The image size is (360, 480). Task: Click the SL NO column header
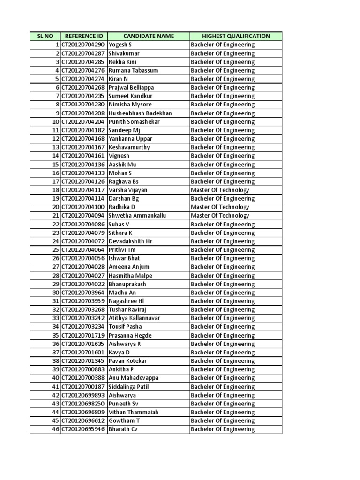pos(45,36)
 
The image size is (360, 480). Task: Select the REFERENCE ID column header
pos(83,36)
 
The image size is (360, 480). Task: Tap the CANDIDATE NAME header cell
pos(148,36)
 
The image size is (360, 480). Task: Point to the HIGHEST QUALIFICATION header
pos(236,36)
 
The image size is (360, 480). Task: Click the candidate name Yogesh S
pos(120,45)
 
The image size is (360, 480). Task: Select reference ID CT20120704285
pos(83,62)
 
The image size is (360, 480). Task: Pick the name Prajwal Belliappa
pos(131,88)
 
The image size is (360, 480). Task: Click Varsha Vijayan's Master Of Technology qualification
pos(220,190)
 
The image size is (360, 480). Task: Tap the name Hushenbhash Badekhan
pos(140,113)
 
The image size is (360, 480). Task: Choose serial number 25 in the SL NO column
pos(55,250)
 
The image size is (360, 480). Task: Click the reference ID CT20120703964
pos(83,292)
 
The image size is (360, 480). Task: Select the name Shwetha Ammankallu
pos(137,216)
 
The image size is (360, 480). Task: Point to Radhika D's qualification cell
pos(220,207)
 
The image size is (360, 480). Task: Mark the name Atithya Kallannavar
pos(135,318)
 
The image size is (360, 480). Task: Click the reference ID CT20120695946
pos(83,429)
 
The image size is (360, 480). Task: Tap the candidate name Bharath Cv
pos(123,429)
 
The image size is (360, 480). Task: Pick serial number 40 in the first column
pos(55,378)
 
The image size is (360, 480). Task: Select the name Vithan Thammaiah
pos(134,412)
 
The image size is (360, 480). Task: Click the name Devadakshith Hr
pos(130,241)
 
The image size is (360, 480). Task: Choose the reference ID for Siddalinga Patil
pos(83,386)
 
